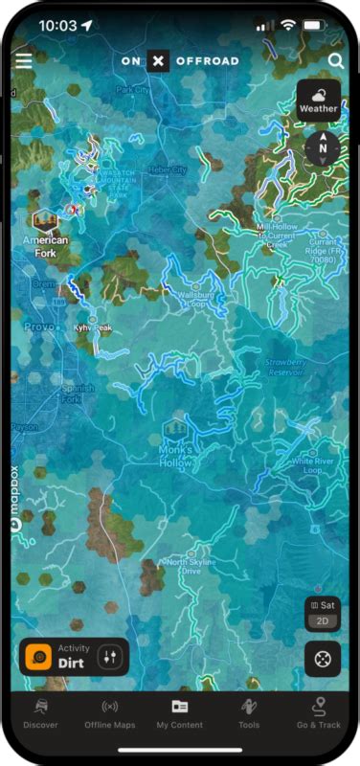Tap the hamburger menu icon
tap(23, 60)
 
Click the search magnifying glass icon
tap(335, 60)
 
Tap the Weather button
tap(318, 100)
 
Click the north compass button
tap(323, 147)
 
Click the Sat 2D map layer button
tap(323, 614)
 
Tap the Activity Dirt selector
tap(74, 657)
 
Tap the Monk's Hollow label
tap(175, 456)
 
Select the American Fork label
tap(45, 246)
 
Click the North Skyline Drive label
tap(183, 566)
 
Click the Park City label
tap(132, 89)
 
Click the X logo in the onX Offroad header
tap(159, 61)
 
